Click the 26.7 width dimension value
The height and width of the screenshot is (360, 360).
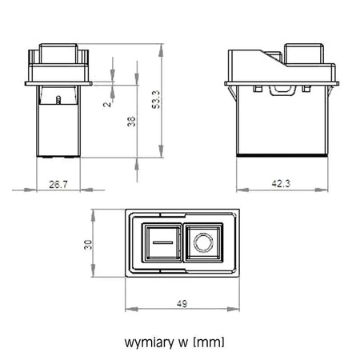point(57,184)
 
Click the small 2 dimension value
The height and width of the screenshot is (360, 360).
point(106,104)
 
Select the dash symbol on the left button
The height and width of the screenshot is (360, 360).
point(162,242)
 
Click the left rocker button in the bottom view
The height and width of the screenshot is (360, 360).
point(162,243)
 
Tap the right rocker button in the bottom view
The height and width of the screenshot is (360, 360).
point(203,243)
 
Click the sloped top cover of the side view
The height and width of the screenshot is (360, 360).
point(264,60)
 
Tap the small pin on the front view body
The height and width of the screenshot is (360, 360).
point(61,99)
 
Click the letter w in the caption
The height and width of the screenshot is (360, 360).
point(180,342)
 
